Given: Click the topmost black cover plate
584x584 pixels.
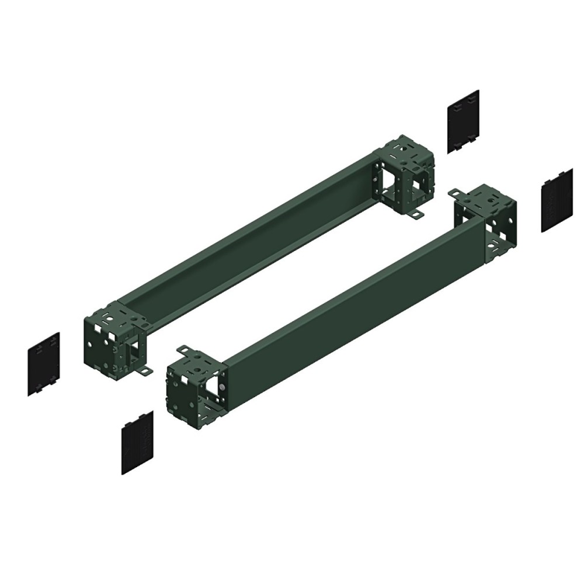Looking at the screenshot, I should [x=463, y=121].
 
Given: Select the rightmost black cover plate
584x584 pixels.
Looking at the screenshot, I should [x=556, y=201].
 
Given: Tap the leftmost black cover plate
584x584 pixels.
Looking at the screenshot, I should [x=43, y=364].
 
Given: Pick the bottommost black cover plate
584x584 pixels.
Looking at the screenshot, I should [x=137, y=442].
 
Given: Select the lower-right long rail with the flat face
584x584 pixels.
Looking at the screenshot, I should [x=350, y=304].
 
